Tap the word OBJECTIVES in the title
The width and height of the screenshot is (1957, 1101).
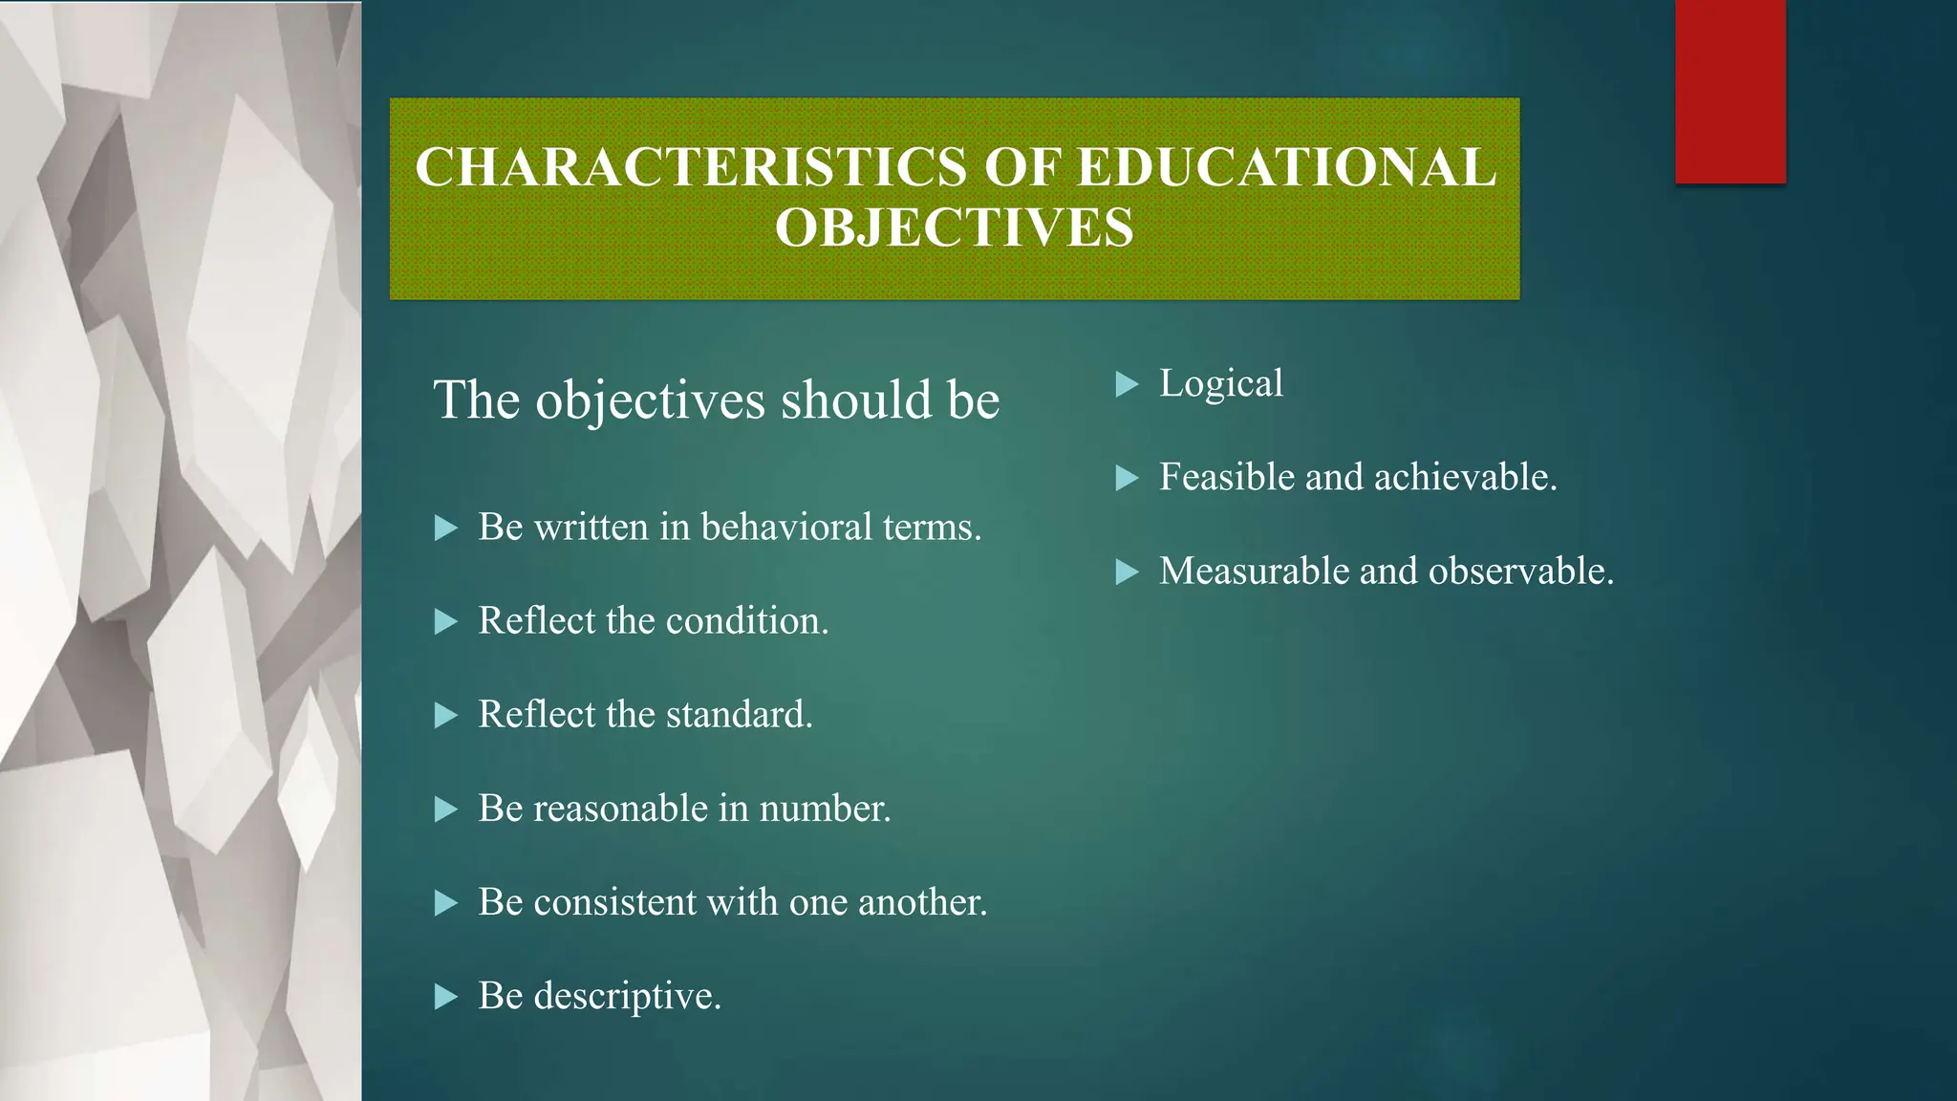coord(954,228)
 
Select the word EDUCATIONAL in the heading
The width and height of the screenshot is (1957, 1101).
coord(1286,167)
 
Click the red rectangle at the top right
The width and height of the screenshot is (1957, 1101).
coord(1730,91)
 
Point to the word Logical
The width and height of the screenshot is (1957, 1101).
coord(1220,384)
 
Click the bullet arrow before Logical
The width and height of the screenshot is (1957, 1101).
coord(1128,385)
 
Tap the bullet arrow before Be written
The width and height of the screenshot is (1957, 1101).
coord(446,528)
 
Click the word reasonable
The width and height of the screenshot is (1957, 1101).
coord(620,809)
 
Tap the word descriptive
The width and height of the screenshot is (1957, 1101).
coord(627,997)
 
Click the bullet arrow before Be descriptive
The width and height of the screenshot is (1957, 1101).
coord(446,997)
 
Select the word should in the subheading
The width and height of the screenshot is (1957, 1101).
coord(855,399)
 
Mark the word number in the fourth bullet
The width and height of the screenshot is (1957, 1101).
coord(824,809)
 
